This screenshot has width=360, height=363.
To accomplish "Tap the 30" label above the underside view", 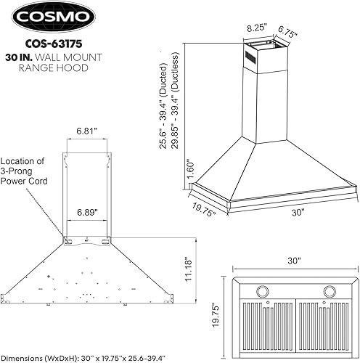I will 293,260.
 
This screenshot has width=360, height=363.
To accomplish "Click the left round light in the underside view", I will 258,292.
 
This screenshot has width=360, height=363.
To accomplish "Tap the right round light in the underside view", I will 330,292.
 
